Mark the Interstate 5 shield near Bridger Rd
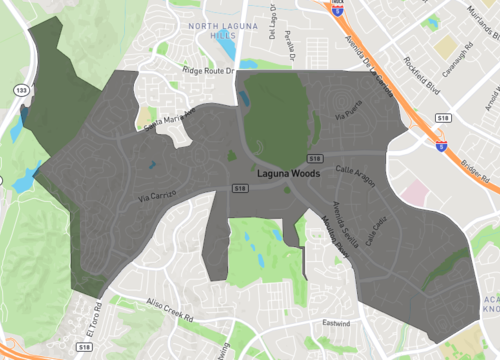coord(440,145)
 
